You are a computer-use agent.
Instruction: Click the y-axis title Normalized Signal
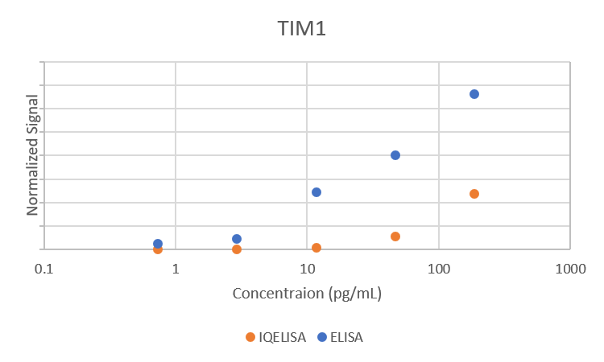point(33,155)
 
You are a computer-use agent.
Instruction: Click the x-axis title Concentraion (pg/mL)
point(307,293)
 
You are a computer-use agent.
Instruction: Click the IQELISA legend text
point(282,337)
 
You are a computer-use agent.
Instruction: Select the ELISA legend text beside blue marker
point(346,337)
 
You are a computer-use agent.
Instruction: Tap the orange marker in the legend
point(250,337)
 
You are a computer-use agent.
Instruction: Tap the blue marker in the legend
point(322,337)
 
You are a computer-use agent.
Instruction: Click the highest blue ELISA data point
point(474,94)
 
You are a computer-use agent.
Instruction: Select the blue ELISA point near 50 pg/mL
point(395,155)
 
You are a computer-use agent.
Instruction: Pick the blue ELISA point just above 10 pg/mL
point(316,192)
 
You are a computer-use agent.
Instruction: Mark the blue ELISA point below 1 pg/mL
point(158,244)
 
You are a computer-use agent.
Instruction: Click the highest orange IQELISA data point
point(474,194)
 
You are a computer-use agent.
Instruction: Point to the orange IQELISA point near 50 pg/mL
point(395,237)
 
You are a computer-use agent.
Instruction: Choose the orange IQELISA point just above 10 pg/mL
point(316,248)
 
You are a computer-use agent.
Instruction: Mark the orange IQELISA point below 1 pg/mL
point(158,249)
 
